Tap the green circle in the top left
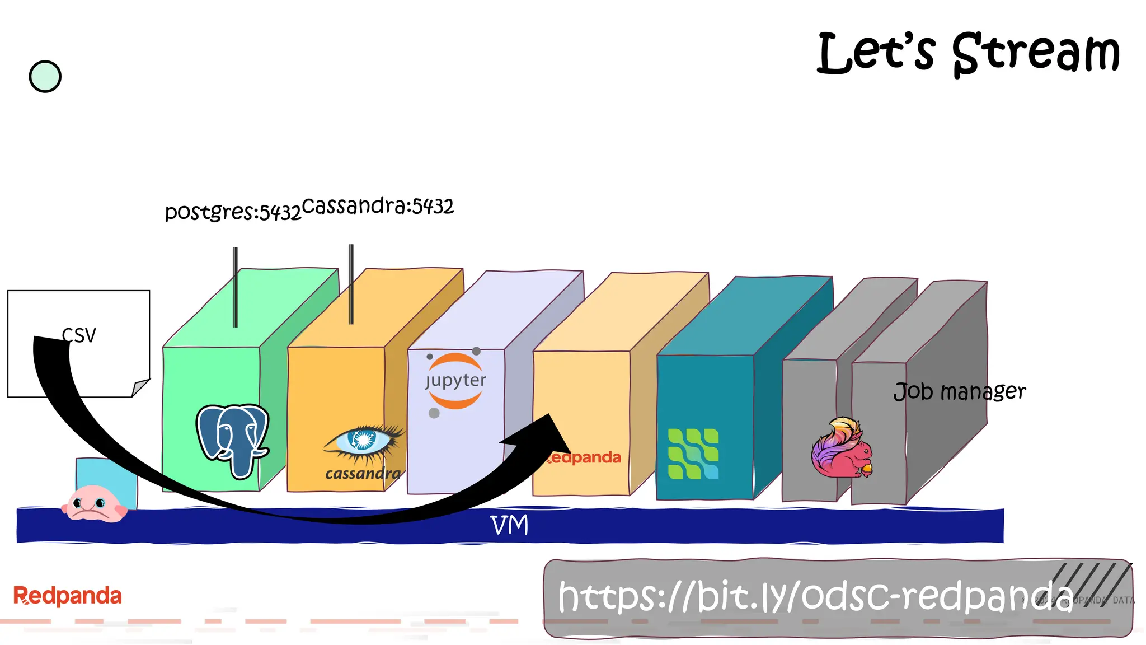click(45, 77)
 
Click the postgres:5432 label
click(233, 212)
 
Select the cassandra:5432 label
click(378, 206)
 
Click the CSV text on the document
click(79, 335)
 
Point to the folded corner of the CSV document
click(140, 387)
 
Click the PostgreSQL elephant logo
click(233, 440)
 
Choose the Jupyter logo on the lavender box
click(455, 381)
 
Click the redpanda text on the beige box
click(585, 457)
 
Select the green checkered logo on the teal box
click(693, 454)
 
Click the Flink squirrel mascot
click(842, 448)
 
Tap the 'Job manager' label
click(959, 391)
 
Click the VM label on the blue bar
click(509, 525)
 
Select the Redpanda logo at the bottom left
click(67, 596)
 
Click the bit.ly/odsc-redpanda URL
click(815, 596)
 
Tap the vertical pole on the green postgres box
click(236, 287)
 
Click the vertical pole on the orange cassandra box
click(351, 284)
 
